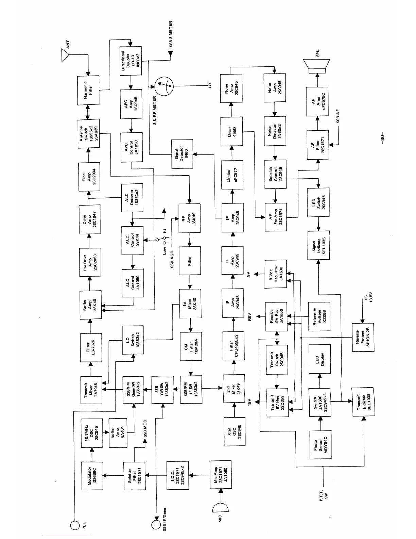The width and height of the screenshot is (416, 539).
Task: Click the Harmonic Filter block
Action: [89, 90]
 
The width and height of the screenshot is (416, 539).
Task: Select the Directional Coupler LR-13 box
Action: [131, 61]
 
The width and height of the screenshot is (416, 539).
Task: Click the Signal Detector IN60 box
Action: [182, 154]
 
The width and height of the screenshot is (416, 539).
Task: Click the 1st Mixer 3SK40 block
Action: [190, 304]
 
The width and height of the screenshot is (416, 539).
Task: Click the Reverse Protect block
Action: [362, 338]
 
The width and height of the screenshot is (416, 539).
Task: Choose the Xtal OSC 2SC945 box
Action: [234, 431]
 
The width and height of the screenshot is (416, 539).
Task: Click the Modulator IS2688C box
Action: [92, 475]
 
